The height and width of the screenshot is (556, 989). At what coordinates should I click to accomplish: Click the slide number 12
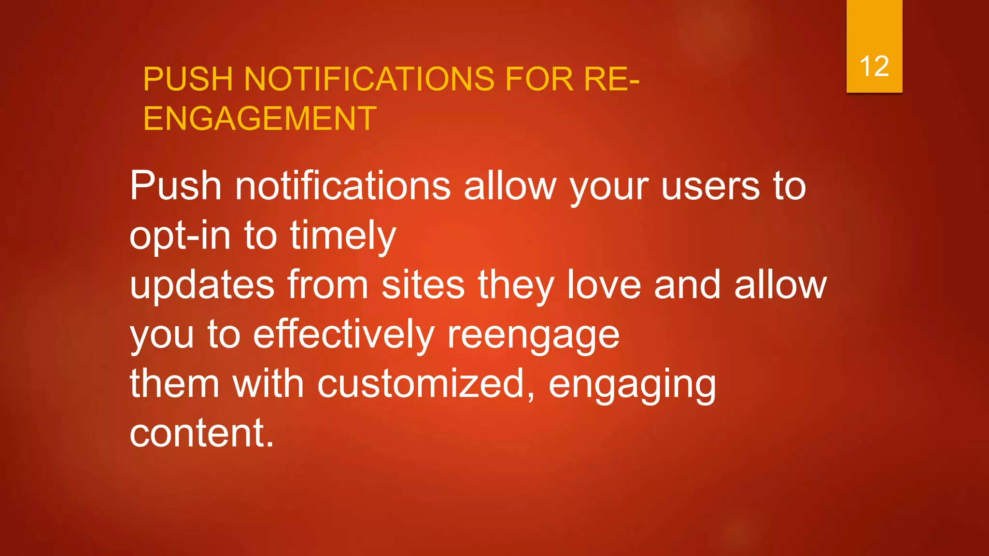tap(874, 66)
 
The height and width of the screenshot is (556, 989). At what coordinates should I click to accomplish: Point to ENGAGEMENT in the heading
tap(260, 119)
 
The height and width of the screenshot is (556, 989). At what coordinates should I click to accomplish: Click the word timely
tap(343, 236)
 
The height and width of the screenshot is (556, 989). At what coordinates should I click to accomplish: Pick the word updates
tap(202, 285)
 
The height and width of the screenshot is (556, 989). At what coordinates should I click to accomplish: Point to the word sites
tap(423, 285)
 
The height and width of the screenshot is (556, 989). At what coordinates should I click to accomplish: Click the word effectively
tap(344, 335)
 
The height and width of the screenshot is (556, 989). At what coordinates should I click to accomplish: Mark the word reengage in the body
tap(533, 336)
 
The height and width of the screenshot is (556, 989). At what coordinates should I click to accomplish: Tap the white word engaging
tap(632, 385)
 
